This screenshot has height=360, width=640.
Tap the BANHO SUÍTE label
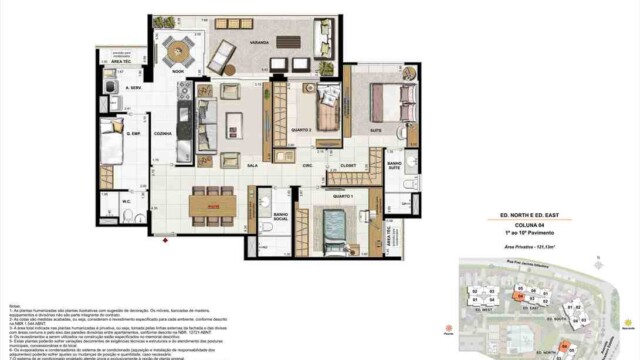[396, 164]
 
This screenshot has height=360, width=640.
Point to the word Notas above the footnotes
[12, 306]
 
